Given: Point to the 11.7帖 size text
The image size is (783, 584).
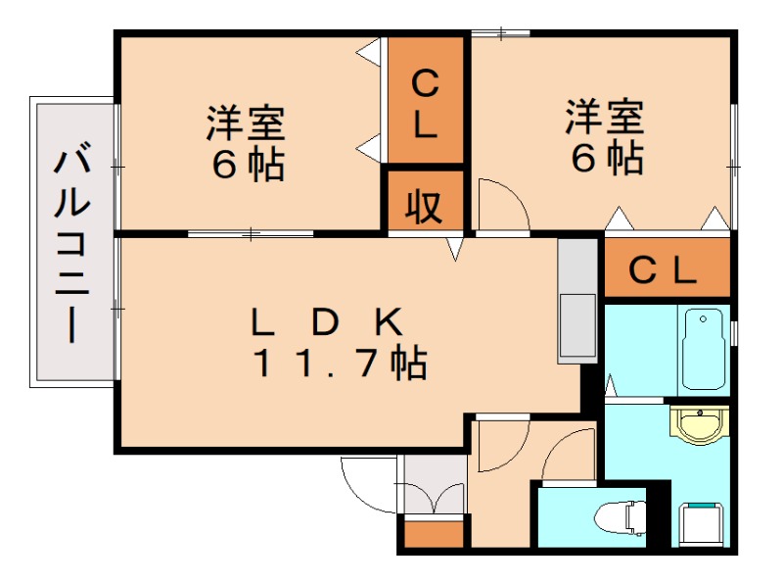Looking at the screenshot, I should (340, 364).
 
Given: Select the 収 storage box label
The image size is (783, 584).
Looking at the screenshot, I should (423, 207).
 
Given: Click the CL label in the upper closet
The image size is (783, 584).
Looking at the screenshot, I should (424, 104).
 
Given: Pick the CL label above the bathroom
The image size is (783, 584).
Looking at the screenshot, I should (663, 268).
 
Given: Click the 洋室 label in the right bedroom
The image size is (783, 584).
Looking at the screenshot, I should (604, 118).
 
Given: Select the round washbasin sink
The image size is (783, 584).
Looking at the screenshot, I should (698, 424).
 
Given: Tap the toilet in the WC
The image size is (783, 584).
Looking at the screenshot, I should (622, 515).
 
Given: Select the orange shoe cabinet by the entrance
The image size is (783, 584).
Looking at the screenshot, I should (434, 535).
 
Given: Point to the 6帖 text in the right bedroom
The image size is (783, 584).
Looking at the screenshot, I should (607, 157).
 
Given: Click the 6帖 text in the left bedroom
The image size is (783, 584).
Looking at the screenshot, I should (248, 165).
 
